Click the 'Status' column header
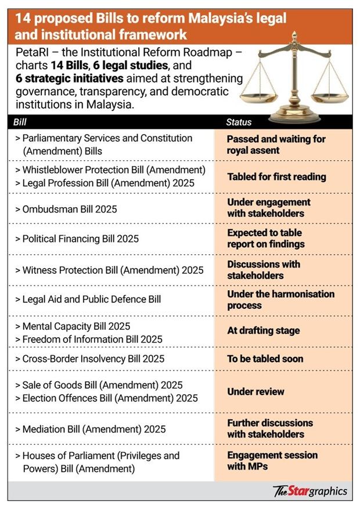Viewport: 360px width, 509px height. click(x=239, y=123)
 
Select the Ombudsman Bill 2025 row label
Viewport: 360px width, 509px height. click(x=69, y=208)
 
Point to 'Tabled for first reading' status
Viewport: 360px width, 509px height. click(x=276, y=177)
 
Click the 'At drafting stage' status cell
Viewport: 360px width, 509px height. click(x=264, y=331)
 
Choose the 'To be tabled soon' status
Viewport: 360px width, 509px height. click(x=265, y=359)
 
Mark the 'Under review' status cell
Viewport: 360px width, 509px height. click(x=256, y=392)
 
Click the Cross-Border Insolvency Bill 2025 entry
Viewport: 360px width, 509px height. click(x=93, y=359)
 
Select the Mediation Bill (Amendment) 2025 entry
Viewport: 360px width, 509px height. click(x=93, y=429)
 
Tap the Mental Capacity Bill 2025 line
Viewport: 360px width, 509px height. click(x=76, y=326)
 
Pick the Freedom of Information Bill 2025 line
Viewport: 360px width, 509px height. click(x=92, y=339)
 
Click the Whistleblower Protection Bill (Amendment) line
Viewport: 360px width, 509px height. click(x=114, y=170)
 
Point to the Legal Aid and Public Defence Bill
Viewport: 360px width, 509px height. click(x=91, y=299)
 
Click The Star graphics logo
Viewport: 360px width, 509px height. click(x=310, y=491)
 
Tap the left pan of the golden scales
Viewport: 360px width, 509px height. click(x=259, y=89)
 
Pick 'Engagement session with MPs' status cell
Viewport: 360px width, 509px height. click(x=272, y=461)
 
